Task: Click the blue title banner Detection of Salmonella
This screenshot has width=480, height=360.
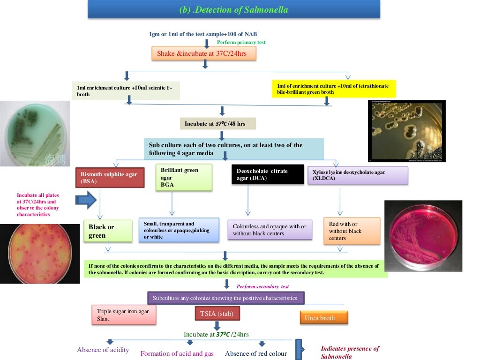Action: [233, 9]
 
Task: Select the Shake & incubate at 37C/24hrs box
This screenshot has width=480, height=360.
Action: [205, 53]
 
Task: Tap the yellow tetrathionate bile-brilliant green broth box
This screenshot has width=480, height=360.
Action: [334, 89]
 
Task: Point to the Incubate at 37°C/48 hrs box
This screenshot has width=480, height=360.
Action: [218, 124]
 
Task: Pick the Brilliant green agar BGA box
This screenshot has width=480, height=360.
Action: [184, 177]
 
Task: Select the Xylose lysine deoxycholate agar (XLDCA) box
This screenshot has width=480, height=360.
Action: [357, 175]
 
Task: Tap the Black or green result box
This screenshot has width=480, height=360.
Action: [107, 231]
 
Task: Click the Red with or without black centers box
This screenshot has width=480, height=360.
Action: [351, 231]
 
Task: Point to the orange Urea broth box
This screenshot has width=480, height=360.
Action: [323, 318]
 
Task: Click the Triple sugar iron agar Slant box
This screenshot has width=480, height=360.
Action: [124, 315]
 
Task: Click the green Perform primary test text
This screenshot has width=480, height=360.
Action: [241, 43]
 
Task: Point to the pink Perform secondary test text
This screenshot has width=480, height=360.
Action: [262, 286]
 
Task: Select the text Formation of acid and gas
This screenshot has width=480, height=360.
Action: [177, 353]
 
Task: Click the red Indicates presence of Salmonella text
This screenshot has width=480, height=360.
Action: [350, 352]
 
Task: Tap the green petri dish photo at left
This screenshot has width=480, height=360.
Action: [35, 134]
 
